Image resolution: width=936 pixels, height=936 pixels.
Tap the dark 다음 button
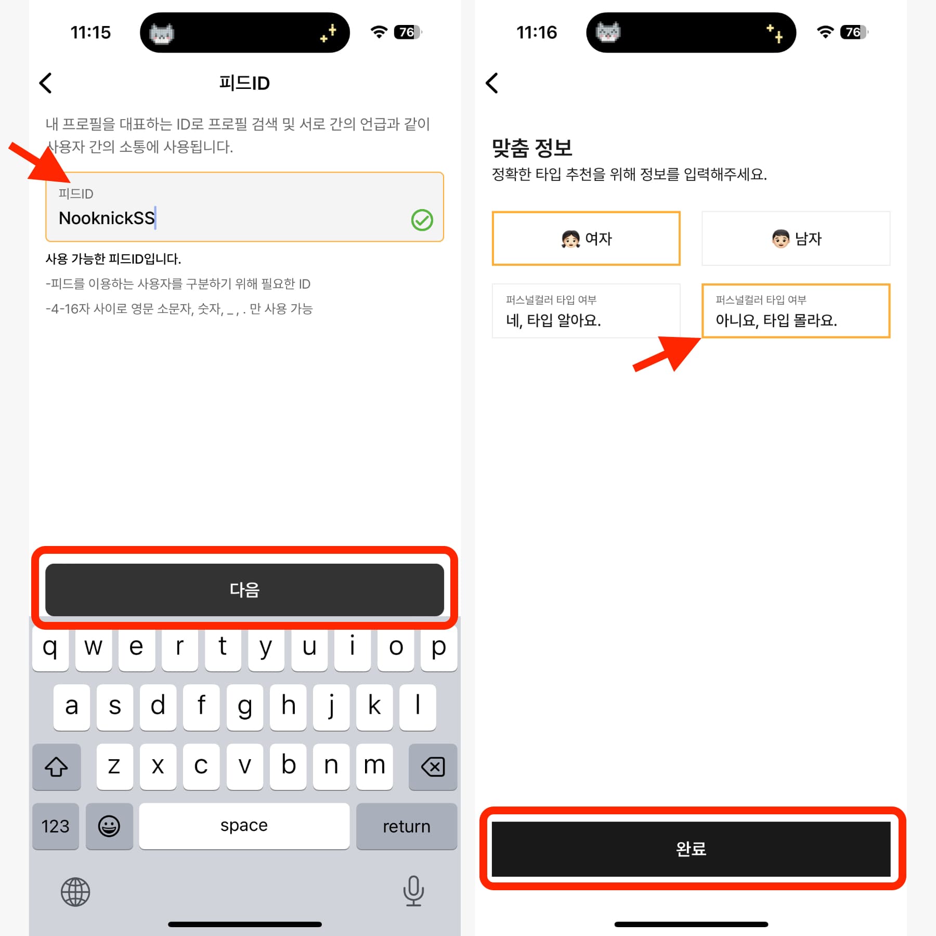(244, 589)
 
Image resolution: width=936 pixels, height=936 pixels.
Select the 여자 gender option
(586, 238)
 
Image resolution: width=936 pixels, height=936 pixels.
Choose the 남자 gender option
(796, 238)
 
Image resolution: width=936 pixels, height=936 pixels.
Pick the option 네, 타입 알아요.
(586, 311)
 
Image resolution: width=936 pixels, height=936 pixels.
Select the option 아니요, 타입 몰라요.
(796, 311)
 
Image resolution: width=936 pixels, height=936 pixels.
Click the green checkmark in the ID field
(422, 220)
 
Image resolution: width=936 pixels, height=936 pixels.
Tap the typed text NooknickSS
(107, 218)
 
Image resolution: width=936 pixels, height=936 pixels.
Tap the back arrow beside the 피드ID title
(46, 83)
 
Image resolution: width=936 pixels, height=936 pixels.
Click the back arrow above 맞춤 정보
(491, 83)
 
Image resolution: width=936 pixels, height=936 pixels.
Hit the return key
(407, 826)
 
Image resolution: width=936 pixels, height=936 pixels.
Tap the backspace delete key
(433, 766)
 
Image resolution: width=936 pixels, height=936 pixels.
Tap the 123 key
(56, 826)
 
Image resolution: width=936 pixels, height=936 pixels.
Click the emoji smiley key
(109, 826)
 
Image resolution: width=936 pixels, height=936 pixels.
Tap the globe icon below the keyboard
(75, 892)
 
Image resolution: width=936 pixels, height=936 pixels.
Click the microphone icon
(413, 891)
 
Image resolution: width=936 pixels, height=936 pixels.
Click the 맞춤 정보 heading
(532, 148)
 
